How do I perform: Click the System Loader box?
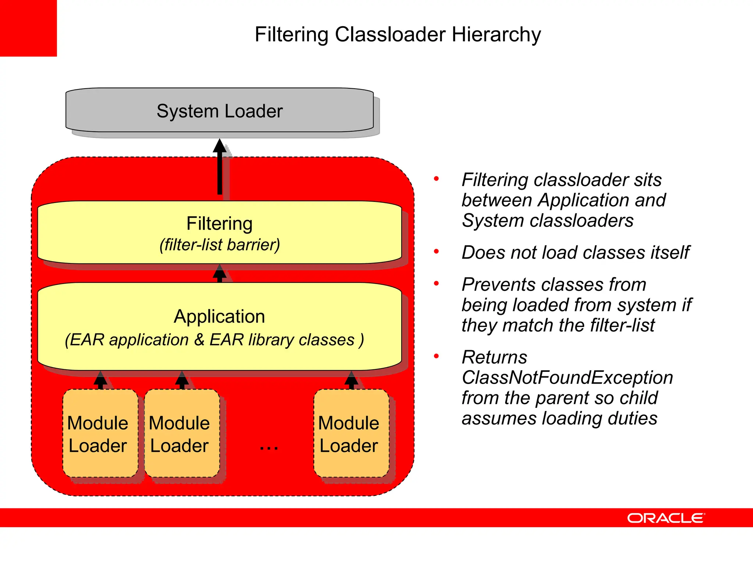(220, 110)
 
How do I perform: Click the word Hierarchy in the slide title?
(496, 35)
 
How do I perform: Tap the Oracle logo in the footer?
(666, 518)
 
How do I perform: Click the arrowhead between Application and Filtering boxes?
(220, 272)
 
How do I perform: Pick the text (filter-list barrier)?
(220, 245)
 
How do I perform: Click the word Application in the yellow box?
(220, 316)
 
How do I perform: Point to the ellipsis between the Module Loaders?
(269, 448)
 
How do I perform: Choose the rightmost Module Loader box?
(351, 433)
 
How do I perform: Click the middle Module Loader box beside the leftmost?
(182, 433)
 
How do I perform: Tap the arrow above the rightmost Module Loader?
(351, 380)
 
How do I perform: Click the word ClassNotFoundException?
(567, 378)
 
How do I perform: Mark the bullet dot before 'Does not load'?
(436, 252)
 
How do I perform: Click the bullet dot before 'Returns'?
(436, 356)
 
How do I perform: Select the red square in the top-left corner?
(28, 28)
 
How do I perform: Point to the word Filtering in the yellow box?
(220, 224)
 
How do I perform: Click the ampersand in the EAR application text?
(199, 340)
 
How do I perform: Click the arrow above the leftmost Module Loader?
(100, 380)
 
